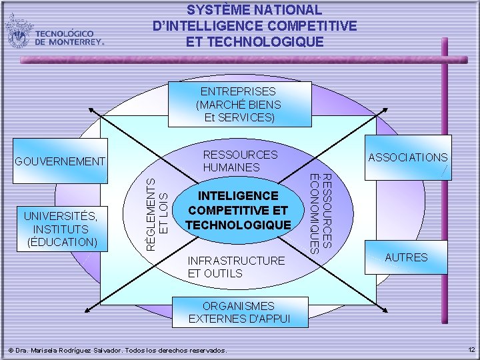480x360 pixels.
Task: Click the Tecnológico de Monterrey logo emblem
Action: click(19, 31)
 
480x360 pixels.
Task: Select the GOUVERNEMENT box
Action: click(60, 161)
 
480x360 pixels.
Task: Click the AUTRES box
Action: click(407, 257)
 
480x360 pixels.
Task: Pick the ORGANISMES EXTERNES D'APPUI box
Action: click(240, 312)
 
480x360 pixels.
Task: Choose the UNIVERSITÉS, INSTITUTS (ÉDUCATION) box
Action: click(61, 228)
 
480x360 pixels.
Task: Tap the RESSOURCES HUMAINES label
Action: click(240, 161)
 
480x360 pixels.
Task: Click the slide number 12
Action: click(471, 350)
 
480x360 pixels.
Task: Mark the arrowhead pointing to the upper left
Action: click(90, 111)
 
